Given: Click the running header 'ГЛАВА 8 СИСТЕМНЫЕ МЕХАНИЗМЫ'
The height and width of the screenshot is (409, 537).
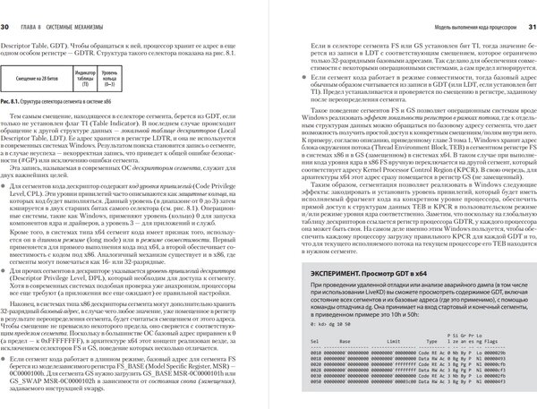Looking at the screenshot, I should point(67,8).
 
